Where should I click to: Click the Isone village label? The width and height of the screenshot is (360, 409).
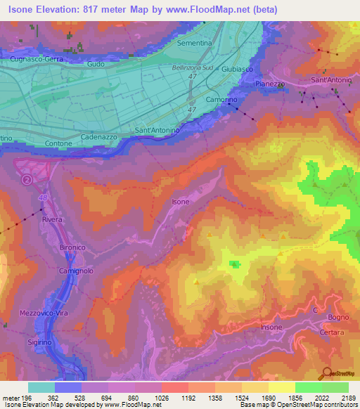(x=181, y=202)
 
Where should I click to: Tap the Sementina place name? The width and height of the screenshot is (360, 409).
(x=195, y=43)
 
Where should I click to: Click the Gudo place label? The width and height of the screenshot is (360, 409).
(x=96, y=64)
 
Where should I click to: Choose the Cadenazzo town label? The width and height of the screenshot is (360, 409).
(x=98, y=137)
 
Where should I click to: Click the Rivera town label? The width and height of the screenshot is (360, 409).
(x=52, y=220)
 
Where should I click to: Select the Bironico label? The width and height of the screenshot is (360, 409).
(x=72, y=248)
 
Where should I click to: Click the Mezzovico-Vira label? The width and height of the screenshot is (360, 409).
(x=43, y=313)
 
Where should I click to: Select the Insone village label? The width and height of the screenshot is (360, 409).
(x=271, y=327)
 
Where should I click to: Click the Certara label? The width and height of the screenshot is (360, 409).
(x=331, y=332)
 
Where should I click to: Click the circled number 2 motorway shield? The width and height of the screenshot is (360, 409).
(x=27, y=180)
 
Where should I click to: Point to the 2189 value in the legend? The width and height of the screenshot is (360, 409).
(x=348, y=398)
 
